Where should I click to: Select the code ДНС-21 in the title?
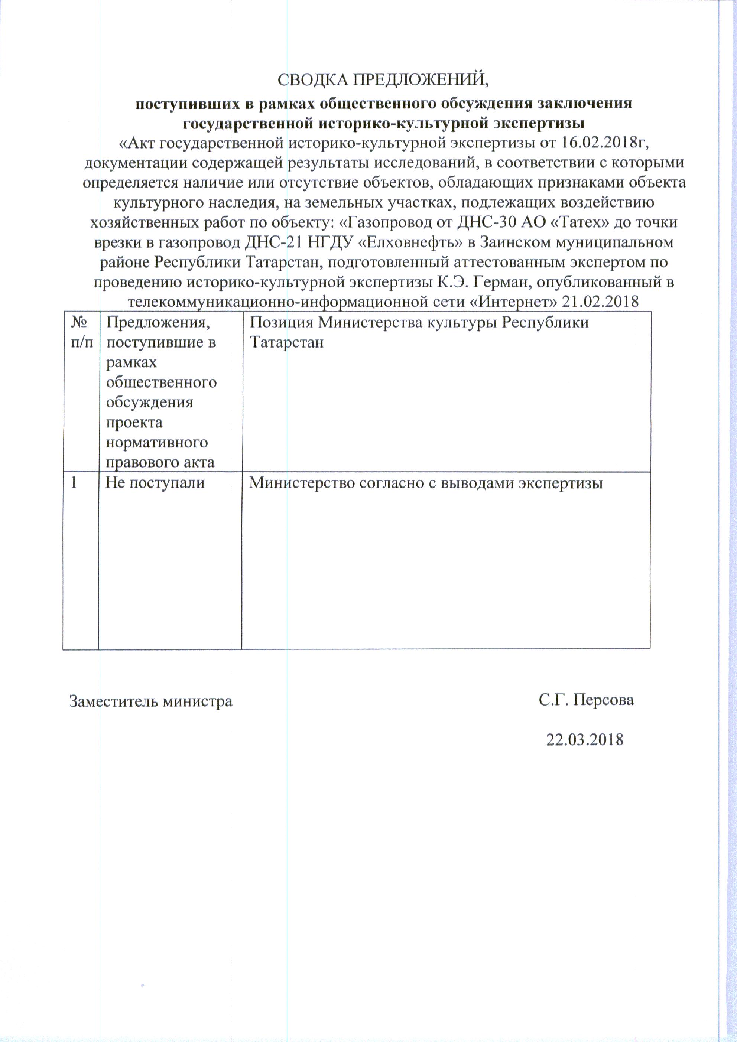click(274, 242)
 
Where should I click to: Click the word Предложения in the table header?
click(158, 323)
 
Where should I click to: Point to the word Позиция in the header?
click(281, 323)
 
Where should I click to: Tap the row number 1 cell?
click(74, 482)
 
